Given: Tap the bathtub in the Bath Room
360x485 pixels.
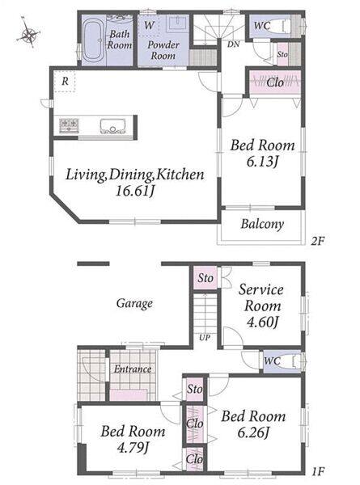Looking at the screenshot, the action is point(94,40).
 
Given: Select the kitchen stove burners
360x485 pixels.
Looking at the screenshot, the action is point(70,125).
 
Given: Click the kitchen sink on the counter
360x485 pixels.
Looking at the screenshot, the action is point(112,126).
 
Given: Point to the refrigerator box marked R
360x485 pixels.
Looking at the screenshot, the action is point(65,82).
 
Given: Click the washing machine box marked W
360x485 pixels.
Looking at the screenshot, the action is point(149,25).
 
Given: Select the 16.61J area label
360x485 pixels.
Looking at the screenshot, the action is point(135,191).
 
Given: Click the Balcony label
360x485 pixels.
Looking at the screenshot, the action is point(262,224).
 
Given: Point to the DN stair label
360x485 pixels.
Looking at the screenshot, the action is point(234,44).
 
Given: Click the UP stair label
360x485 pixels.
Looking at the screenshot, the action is point(205,337).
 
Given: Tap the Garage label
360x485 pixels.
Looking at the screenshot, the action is point(134,303).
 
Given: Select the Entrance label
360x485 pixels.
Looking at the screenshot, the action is point(133,369).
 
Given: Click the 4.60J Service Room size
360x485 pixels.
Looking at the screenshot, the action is point(262,322).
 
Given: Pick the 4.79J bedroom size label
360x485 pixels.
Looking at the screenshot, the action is point(133,447).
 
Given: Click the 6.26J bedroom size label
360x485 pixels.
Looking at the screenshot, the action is point(253,432).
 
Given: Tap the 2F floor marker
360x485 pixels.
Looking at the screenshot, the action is point(317,240).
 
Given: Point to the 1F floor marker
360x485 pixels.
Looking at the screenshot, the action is point(318,471).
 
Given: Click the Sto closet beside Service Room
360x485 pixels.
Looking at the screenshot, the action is point(205,277).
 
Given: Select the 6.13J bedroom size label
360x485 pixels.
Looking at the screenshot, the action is point(262,162).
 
